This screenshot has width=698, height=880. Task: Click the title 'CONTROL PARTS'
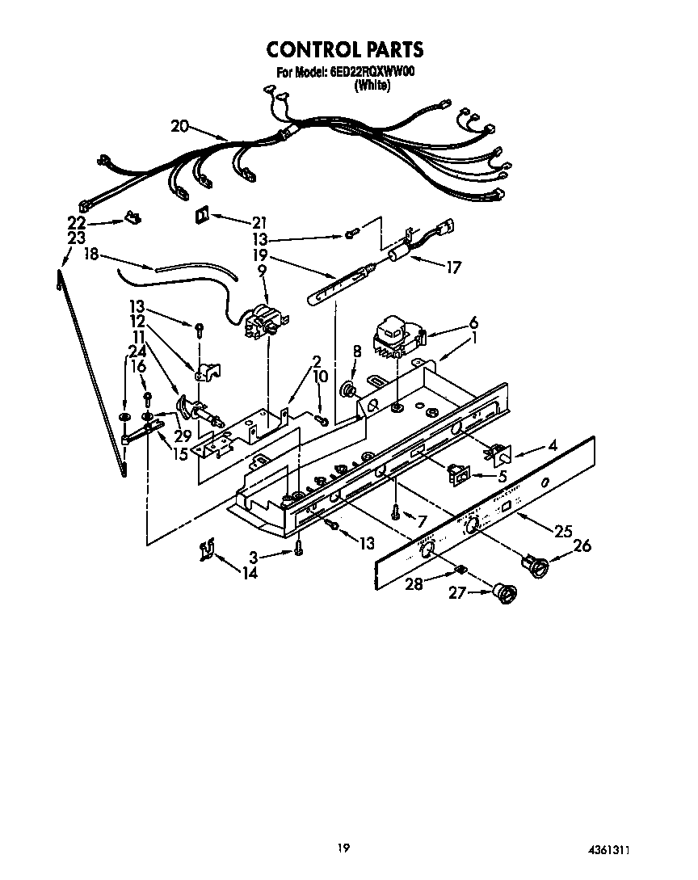pyautogui.click(x=345, y=49)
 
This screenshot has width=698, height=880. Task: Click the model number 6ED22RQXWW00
pyautogui.click(x=372, y=73)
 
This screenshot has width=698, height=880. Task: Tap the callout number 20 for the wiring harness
pyautogui.click(x=179, y=125)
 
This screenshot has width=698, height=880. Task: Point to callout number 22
pyautogui.click(x=76, y=223)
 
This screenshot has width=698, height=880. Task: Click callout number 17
pyautogui.click(x=453, y=267)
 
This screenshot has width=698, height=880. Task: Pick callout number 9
pyautogui.click(x=262, y=272)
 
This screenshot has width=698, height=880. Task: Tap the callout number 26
pyautogui.click(x=582, y=546)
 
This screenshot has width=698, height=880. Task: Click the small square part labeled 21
pyautogui.click(x=201, y=215)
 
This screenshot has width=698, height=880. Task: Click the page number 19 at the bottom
pyautogui.click(x=343, y=848)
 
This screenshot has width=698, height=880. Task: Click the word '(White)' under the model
pyautogui.click(x=372, y=86)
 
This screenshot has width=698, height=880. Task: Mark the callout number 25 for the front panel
pyautogui.click(x=562, y=531)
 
